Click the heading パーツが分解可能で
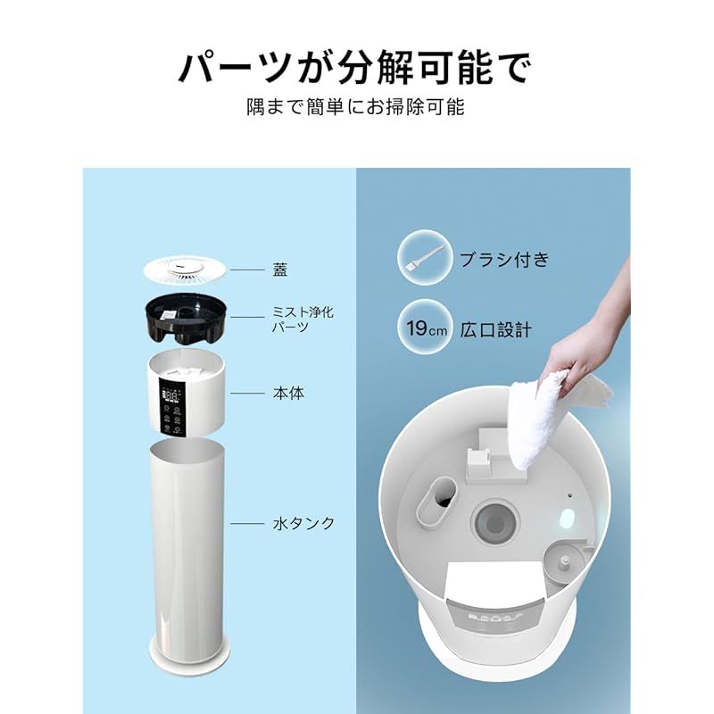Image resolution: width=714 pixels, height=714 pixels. [x=356, y=67]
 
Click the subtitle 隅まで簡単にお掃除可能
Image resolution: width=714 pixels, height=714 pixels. [x=356, y=108]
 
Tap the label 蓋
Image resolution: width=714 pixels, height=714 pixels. [x=280, y=268]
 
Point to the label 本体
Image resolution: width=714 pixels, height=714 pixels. [x=288, y=392]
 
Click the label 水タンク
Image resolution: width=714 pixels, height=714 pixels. [x=303, y=523]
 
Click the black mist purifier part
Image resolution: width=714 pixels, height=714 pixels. [x=187, y=320]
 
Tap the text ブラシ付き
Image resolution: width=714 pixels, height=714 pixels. [x=504, y=261]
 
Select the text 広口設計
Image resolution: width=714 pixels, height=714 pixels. [x=496, y=329]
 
